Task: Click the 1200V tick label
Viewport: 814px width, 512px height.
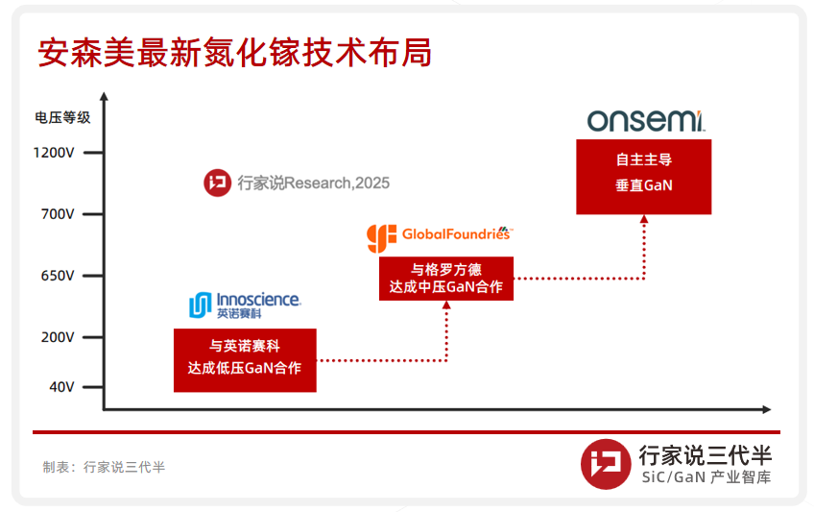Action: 54,153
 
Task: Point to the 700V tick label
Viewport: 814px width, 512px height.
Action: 58,214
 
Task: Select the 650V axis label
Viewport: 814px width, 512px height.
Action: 58,276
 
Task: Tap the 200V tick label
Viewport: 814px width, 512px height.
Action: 58,337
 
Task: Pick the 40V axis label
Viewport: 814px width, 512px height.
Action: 61,387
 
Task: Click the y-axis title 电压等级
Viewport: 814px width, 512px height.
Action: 62,118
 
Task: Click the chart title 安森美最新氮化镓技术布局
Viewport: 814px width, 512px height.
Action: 234,53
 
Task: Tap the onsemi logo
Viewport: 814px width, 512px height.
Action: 646,120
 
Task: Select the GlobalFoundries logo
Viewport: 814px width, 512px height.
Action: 440,238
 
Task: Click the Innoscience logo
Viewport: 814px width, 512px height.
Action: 245,305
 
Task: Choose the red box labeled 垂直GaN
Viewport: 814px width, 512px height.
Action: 644,177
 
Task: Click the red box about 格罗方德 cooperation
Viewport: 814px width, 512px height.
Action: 446,279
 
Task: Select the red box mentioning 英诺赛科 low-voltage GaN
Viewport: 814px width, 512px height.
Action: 245,360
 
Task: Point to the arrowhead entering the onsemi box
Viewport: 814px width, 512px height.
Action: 644,219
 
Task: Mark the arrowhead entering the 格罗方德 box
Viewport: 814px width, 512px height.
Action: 446,305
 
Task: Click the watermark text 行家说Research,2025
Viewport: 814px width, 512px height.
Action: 314,183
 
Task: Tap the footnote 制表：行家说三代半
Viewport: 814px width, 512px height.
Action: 104,468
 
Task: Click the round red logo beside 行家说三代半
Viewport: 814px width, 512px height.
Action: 606,464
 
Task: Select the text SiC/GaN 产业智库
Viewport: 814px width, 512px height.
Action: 706,477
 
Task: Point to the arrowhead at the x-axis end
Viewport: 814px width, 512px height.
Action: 767,410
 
